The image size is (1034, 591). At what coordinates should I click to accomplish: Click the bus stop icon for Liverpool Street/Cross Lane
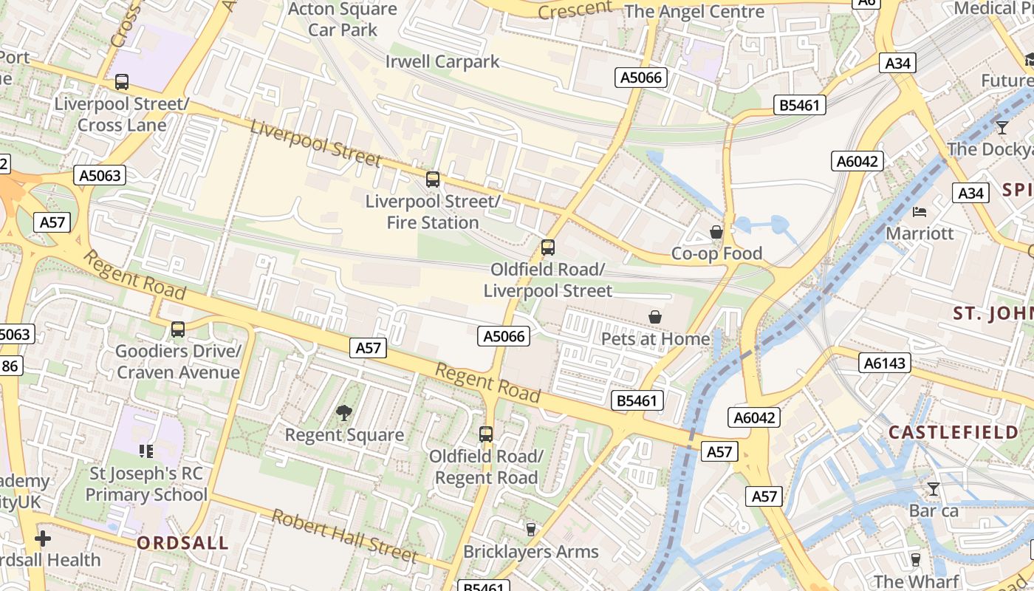pos(122,82)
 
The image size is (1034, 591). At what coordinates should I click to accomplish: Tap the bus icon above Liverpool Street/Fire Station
pos(433,179)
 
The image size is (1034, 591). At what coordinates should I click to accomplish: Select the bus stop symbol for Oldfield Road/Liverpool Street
pos(547,247)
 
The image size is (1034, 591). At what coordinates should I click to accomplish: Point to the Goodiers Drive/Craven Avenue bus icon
pos(178,329)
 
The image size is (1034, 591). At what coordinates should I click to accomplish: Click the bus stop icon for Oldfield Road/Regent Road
pos(486,434)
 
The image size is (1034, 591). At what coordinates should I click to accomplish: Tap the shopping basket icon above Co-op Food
pos(716,232)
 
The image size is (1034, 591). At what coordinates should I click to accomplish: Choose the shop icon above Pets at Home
pos(654,317)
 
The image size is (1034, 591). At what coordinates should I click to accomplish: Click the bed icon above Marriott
pos(920,212)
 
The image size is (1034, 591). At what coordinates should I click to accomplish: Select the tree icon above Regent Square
pos(344,413)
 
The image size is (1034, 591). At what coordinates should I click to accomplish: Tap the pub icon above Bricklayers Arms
pos(530,529)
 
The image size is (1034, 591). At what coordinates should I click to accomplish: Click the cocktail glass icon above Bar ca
pos(934,488)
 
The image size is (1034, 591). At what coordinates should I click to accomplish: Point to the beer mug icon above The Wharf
pos(916,559)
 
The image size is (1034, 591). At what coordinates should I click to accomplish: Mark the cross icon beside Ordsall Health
pos(43,539)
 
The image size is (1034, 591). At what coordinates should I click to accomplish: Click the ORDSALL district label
pos(182,543)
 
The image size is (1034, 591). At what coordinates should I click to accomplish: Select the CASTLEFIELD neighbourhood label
pos(953,432)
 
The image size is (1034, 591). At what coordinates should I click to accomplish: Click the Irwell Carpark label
pos(442,61)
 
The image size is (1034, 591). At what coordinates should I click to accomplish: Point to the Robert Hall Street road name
pos(345,536)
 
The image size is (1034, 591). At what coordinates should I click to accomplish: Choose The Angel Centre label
pos(694,12)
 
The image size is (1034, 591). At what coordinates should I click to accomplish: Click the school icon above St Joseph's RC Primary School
pos(146,451)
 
